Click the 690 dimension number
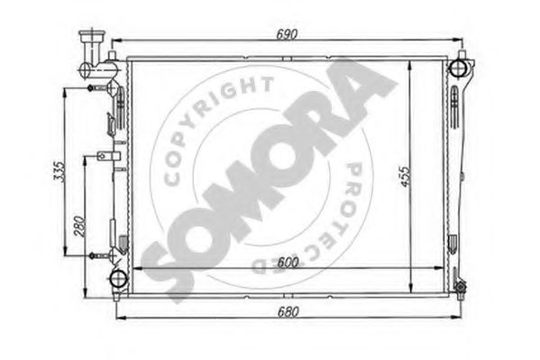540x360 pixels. pyautogui.click(x=287, y=33)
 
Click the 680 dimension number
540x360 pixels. pyautogui.click(x=287, y=310)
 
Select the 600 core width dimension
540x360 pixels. pyautogui.click(x=287, y=262)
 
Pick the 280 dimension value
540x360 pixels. pyautogui.click(x=79, y=222)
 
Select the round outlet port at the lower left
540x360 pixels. pyautogui.click(x=117, y=278)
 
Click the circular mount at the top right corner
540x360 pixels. pyautogui.click(x=459, y=67)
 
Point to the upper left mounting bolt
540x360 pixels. pyautogui.click(x=93, y=88)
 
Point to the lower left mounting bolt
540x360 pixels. pyautogui.click(x=93, y=256)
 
